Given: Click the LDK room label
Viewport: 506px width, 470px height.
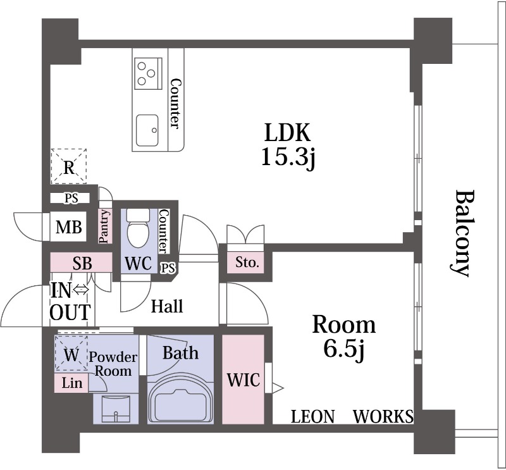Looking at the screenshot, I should [x=288, y=133].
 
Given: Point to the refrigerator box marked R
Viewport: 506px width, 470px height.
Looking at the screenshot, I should [x=68, y=167].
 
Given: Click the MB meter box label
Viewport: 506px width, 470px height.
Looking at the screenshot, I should [x=68, y=228].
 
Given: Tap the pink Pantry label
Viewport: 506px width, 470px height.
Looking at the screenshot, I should [x=105, y=226].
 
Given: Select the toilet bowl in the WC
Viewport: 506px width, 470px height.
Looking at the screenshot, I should [x=136, y=232].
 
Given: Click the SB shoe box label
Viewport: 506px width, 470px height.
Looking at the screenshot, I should [x=81, y=263].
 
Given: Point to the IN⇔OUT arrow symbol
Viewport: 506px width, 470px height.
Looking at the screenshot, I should [x=82, y=291].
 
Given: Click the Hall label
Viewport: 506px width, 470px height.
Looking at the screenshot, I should [x=167, y=307].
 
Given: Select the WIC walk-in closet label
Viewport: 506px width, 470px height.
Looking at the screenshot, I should [x=243, y=380].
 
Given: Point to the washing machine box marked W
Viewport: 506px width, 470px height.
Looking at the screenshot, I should [x=71, y=355].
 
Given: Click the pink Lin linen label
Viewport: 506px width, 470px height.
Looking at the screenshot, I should [x=71, y=383].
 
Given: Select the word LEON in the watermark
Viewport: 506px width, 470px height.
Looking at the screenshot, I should [x=312, y=417].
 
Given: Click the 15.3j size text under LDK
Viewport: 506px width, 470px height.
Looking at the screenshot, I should [x=288, y=157].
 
